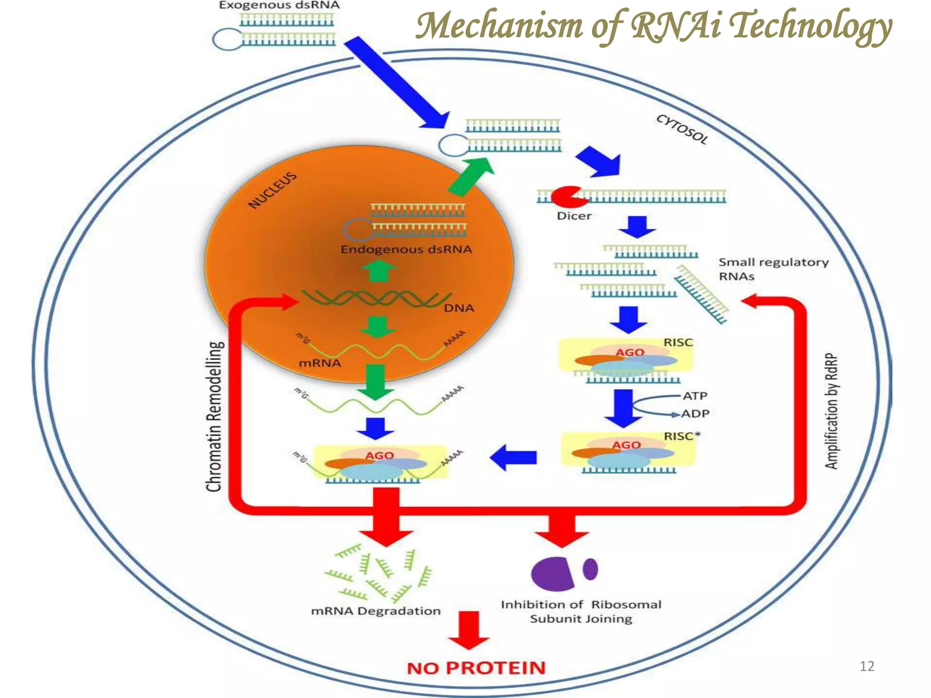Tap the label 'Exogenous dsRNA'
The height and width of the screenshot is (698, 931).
pyautogui.click(x=279, y=6)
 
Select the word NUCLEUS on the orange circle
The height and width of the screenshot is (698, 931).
pyautogui.click(x=272, y=190)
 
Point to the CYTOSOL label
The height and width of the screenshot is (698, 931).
pyautogui.click(x=682, y=130)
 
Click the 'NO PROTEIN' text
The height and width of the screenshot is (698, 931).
pyautogui.click(x=476, y=668)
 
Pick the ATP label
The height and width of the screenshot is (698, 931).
pyautogui.click(x=695, y=396)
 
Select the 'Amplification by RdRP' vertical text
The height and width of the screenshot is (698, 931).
pyautogui.click(x=831, y=411)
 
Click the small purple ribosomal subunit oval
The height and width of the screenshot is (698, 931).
pyautogui.click(x=590, y=569)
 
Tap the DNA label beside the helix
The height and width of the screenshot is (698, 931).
pyautogui.click(x=459, y=308)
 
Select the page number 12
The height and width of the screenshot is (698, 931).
pyautogui.click(x=867, y=666)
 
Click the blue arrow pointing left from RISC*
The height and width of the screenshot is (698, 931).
pyautogui.click(x=514, y=457)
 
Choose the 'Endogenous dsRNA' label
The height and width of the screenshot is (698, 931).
pyautogui.click(x=406, y=249)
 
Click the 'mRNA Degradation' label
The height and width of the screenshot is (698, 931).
pyautogui.click(x=375, y=611)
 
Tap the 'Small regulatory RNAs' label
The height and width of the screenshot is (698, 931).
pyautogui.click(x=773, y=269)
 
